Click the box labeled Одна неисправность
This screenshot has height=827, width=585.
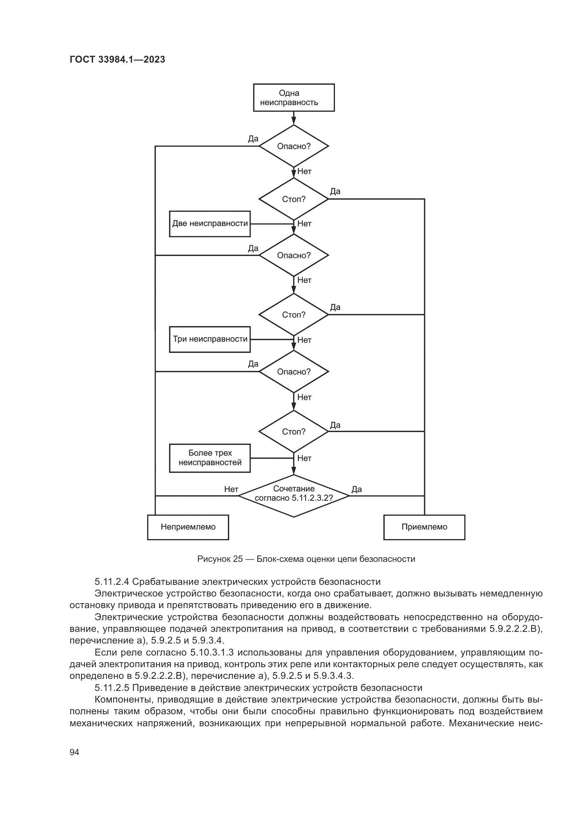(294, 98)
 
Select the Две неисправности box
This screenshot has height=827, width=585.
(210, 224)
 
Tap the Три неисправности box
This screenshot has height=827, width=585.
(210, 339)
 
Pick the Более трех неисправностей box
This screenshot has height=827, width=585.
(210, 458)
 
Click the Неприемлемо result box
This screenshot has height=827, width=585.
(188, 527)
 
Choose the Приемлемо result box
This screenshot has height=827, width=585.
(424, 527)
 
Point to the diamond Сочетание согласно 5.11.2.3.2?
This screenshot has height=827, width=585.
(294, 496)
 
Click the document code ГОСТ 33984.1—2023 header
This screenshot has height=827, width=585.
(117, 59)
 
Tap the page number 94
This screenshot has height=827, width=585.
(74, 752)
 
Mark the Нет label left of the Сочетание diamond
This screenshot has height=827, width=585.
(231, 489)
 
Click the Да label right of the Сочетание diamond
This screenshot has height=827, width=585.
(356, 489)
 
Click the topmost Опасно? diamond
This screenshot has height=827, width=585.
(294, 146)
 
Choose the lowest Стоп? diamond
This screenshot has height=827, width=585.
(294, 431)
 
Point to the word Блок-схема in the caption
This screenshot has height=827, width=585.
(279, 559)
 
